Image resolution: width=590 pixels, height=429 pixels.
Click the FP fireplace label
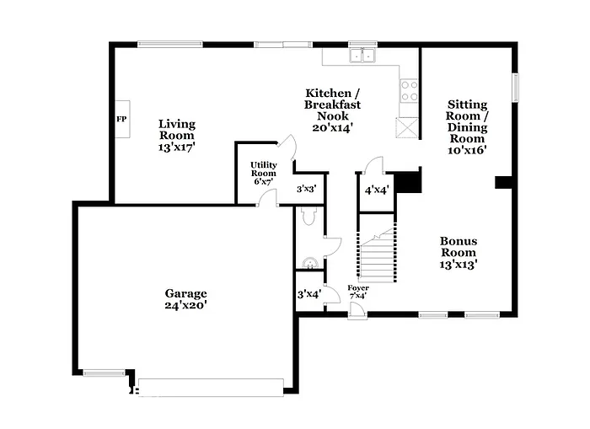tap(121, 120)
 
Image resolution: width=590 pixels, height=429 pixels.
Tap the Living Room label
tap(176, 135)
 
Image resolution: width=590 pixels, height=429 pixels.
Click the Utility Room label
tap(263, 173)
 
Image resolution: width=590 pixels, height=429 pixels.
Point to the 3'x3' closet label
tap(306, 190)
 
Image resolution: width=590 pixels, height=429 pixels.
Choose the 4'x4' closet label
tap(376, 190)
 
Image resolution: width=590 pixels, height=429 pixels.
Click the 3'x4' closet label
tap(308, 294)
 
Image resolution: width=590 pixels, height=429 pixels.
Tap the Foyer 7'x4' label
tap(358, 292)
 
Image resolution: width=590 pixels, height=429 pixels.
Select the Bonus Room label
tap(459, 252)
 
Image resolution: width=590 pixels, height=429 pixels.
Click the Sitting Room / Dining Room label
tap(466, 127)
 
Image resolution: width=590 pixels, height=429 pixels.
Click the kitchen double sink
tap(364, 56)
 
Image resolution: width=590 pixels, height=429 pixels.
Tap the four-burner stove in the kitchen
tap(409, 90)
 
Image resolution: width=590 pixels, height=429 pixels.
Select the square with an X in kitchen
tap(407, 127)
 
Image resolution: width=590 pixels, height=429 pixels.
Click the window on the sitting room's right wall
tap(516, 88)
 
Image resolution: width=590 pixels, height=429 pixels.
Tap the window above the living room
tap(170, 44)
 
